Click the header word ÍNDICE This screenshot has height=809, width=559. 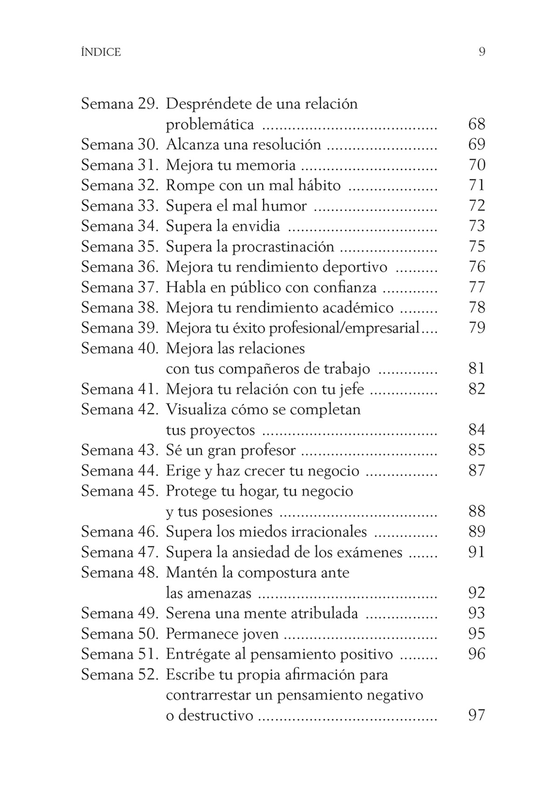click(101, 52)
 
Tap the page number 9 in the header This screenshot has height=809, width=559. click(482, 52)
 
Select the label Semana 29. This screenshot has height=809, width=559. click(120, 103)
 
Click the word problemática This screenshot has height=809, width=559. click(210, 124)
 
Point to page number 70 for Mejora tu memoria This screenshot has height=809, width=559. click(477, 165)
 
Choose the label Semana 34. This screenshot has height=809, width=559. click(120, 226)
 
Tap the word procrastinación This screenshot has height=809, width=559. click(283, 247)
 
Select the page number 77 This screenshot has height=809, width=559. click(477, 287)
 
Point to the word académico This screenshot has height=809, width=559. click(360, 308)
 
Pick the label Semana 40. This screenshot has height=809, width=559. click(120, 349)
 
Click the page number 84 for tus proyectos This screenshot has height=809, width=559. click(477, 430)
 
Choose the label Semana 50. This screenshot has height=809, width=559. click(120, 634)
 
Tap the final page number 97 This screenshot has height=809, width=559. click(477, 715)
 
